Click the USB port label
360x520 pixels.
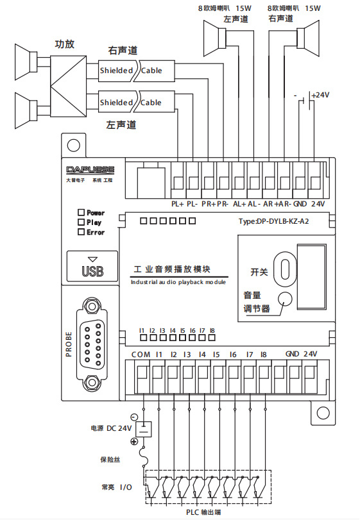(x=92, y=271)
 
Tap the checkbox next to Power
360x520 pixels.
(x=81, y=212)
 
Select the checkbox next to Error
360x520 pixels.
(x=81, y=232)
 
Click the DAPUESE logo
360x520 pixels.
(x=90, y=170)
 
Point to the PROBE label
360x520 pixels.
(x=69, y=344)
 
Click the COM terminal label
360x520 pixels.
(x=141, y=355)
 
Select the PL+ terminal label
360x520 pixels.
(x=178, y=204)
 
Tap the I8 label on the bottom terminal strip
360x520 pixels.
(x=264, y=355)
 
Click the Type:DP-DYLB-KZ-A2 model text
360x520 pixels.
(x=274, y=221)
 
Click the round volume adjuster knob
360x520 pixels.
(x=285, y=298)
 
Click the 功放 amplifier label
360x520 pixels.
(x=64, y=44)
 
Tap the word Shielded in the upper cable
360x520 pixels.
(x=116, y=71)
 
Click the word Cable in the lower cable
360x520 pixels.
(x=151, y=103)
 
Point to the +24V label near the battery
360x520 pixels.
(x=320, y=95)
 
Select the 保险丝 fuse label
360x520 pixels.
(x=110, y=459)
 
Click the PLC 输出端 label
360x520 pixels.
(x=203, y=512)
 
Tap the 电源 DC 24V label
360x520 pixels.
(x=111, y=428)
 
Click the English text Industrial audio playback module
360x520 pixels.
(x=178, y=282)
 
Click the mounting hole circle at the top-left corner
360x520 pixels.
(x=74, y=146)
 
